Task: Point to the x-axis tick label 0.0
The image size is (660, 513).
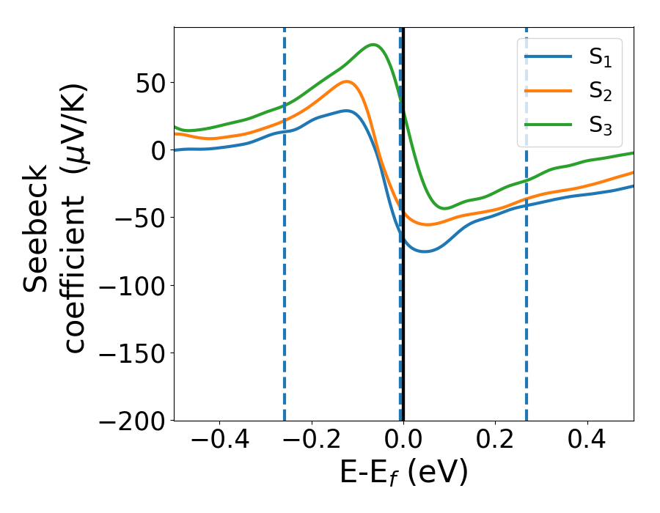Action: click(403, 443)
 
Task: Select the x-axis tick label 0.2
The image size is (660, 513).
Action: click(495, 443)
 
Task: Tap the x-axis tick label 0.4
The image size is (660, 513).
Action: click(587, 443)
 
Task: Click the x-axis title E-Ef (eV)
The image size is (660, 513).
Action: click(403, 473)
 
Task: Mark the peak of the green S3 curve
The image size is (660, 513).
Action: click(373, 45)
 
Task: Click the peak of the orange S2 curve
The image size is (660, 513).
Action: click(348, 81)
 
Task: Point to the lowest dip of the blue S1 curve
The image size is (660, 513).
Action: click(424, 251)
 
